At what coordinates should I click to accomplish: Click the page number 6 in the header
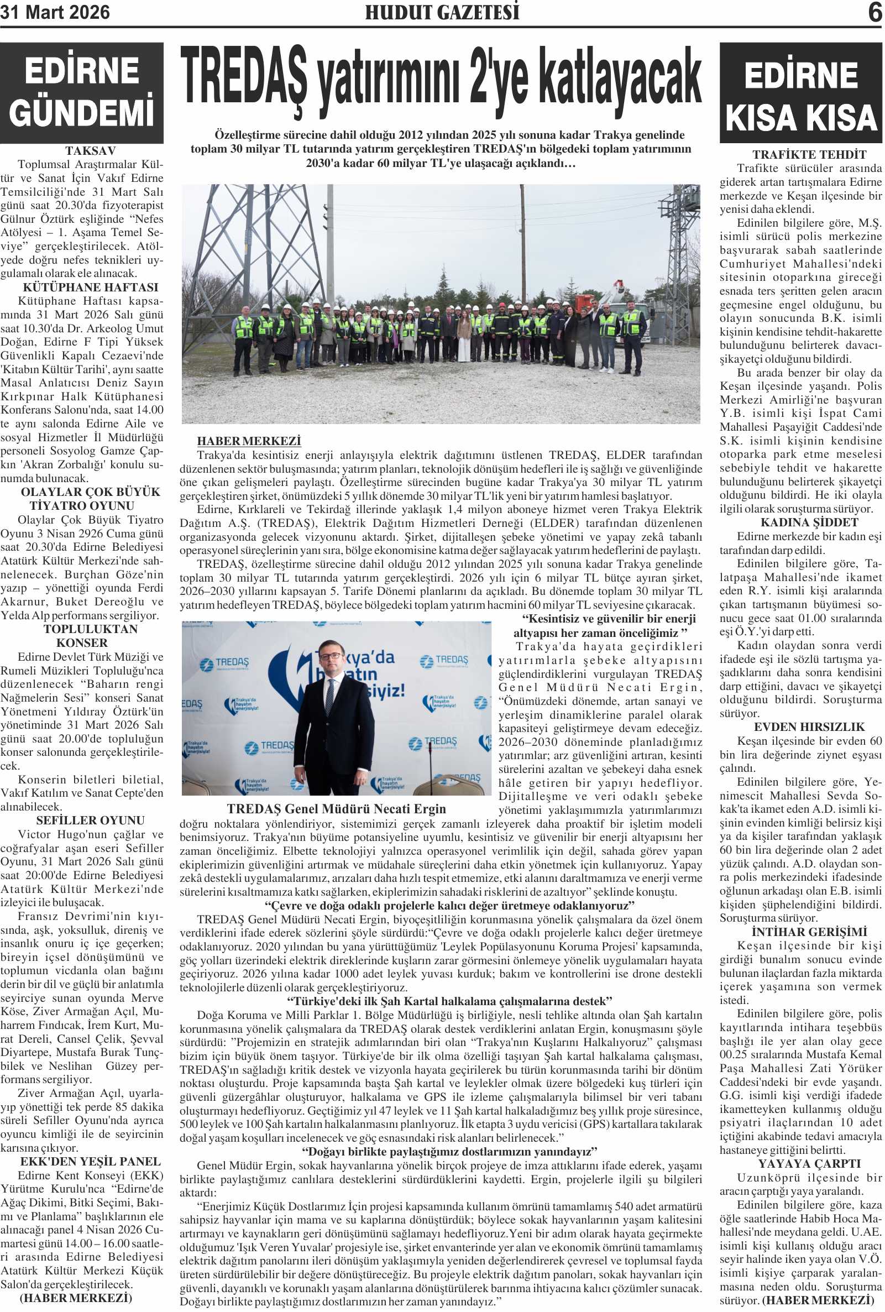875,12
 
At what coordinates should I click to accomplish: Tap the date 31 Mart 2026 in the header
55,12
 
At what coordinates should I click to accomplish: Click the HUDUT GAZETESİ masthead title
442,12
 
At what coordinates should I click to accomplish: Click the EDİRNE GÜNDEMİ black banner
82,92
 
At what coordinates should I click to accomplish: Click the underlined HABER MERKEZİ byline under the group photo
249,441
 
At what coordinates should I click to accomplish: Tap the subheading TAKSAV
90,151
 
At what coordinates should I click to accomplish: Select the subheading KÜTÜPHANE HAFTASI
90,288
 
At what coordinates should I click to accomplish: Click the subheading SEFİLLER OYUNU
90,820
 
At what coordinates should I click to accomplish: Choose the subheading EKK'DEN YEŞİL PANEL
90,1161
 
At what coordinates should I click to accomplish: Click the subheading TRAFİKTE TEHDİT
809,154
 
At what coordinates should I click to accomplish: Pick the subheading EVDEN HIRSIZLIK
809,726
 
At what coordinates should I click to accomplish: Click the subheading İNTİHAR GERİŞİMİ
809,932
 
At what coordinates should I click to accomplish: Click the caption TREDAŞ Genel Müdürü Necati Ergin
337,809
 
